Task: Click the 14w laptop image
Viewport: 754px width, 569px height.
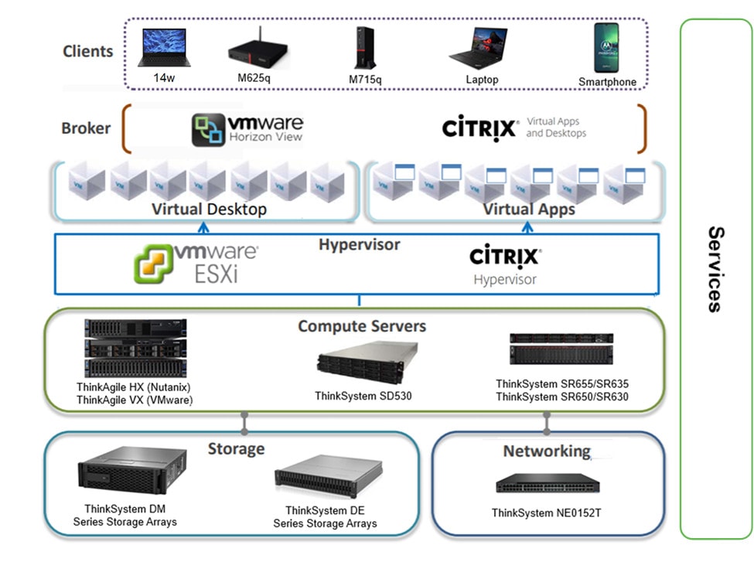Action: click(x=163, y=48)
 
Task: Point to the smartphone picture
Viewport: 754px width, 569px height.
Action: click(x=606, y=48)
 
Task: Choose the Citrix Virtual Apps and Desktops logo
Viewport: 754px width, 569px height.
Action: click(x=479, y=128)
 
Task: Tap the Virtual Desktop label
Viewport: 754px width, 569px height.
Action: click(x=209, y=210)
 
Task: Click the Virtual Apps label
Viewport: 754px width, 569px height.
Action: click(x=530, y=210)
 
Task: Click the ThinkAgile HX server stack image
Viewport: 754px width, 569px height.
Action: click(x=135, y=348)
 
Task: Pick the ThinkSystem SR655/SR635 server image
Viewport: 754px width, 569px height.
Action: click(x=561, y=349)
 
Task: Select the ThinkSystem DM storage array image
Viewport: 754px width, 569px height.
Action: click(x=132, y=474)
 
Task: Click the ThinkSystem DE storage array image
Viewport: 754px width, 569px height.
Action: click(x=329, y=479)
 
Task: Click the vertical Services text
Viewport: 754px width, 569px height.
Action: click(x=715, y=269)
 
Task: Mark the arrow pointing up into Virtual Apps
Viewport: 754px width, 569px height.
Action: click(x=529, y=227)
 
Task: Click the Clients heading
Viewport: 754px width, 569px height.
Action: click(x=88, y=52)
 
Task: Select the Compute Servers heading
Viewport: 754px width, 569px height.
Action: click(x=362, y=326)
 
